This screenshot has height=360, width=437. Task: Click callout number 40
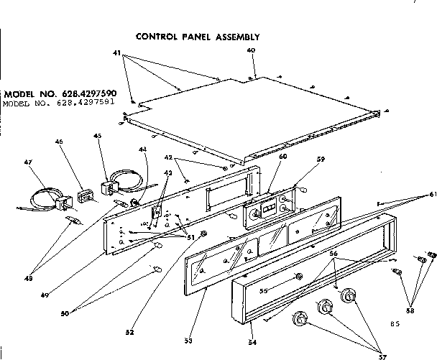pos(251,50)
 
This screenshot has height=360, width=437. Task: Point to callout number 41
pos(117,52)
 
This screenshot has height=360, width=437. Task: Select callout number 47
pos(28,162)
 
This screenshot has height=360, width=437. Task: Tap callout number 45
pos(98,137)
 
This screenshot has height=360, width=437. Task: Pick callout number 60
pos(263,156)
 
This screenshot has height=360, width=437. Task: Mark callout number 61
pos(432,195)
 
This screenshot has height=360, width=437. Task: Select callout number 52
pos(130,332)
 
